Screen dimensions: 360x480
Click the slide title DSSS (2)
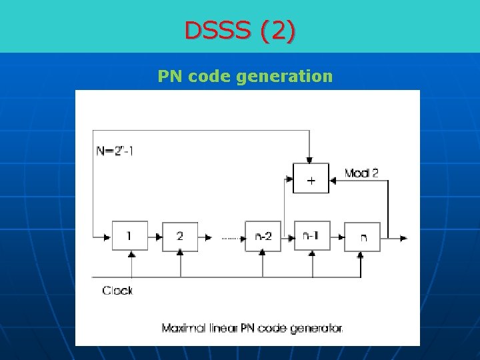[x=241, y=31]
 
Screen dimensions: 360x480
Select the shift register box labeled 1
[x=129, y=236]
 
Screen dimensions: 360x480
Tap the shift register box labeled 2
[x=180, y=236]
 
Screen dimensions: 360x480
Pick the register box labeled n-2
[x=263, y=236]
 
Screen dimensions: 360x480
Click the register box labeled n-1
[x=312, y=236]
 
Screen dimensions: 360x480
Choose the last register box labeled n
[x=362, y=237]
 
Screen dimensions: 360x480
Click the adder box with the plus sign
[x=311, y=178]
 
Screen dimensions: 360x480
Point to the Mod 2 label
[x=361, y=173]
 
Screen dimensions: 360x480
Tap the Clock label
[x=117, y=291]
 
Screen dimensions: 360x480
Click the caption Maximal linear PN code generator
[x=252, y=328]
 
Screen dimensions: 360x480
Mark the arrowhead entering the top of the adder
[x=308, y=160]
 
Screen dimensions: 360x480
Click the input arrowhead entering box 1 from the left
[x=107, y=237]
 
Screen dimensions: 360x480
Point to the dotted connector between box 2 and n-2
[x=230, y=237]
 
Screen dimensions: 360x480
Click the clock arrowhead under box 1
[x=131, y=255]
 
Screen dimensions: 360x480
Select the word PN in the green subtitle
[x=171, y=76]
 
